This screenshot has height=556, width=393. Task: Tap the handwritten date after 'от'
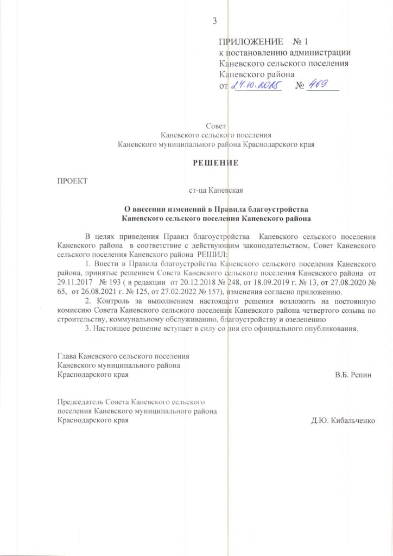[x=255, y=85]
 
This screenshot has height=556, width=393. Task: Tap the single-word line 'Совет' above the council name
[x=216, y=127]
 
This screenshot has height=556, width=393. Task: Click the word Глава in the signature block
[x=67, y=356]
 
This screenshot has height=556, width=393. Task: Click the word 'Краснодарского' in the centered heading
[x=271, y=144]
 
